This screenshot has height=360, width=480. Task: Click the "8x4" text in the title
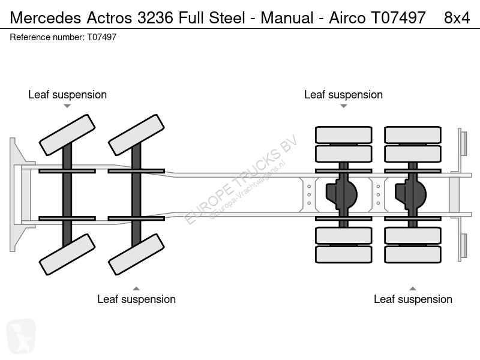[457, 18]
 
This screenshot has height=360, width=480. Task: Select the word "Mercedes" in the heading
[46, 18]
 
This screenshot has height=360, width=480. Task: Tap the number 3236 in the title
[155, 18]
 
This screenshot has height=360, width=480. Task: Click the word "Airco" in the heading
[347, 18]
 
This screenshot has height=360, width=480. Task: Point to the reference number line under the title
[63, 37]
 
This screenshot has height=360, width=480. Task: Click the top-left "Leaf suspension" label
[67, 95]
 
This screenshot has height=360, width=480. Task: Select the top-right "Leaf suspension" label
[343, 95]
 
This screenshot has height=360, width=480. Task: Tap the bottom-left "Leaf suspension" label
[137, 299]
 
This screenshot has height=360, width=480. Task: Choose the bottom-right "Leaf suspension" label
[413, 299]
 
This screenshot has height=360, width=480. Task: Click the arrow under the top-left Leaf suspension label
[67, 106]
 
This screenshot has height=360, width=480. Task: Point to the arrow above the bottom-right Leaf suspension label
[413, 289]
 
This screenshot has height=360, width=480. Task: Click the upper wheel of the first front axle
[67, 135]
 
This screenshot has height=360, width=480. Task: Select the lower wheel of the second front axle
[137, 254]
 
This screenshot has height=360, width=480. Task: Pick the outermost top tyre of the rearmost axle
[413, 135]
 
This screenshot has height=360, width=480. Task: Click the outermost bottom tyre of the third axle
[343, 254]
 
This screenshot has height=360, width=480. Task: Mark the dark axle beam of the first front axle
[67, 194]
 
